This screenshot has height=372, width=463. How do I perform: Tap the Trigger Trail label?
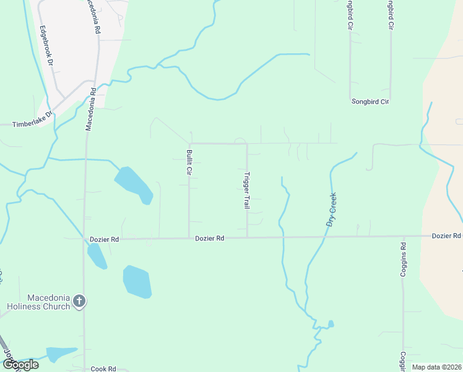(x=247, y=190)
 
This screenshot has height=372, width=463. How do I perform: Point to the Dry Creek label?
(x=331, y=210)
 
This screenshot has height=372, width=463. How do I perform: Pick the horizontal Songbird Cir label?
(x=370, y=101)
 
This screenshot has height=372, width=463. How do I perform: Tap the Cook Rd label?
(x=103, y=368)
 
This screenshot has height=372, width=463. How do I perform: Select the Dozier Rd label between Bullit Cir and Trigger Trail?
(x=209, y=238)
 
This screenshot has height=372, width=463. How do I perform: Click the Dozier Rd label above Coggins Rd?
(x=446, y=236)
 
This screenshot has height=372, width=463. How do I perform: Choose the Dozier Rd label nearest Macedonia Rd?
(x=104, y=238)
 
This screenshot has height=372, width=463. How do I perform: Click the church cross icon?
(x=79, y=301)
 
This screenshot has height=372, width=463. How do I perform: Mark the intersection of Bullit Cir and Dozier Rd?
(x=189, y=237)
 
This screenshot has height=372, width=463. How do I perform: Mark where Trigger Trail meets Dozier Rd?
(x=248, y=237)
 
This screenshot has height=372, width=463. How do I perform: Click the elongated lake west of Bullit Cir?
(x=134, y=185)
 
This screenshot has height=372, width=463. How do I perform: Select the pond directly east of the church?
(x=137, y=281)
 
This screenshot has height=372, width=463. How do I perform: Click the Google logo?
(x=20, y=365)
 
